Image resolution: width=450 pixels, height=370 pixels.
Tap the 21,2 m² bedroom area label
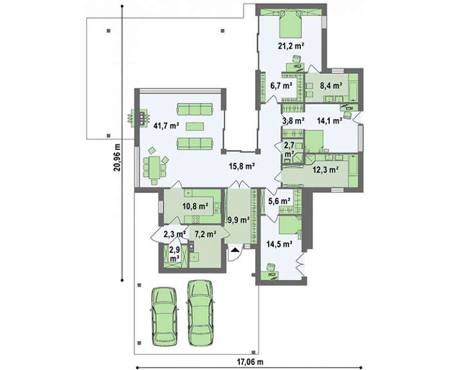click(291, 46)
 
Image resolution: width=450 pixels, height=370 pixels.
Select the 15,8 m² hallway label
click(242, 166)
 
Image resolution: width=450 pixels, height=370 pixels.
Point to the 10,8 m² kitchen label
click(195, 206)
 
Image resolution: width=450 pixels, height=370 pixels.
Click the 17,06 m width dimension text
click(249, 362)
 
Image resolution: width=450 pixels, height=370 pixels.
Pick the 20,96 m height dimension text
click(117, 157)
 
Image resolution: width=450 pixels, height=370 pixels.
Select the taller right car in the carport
click(201, 312)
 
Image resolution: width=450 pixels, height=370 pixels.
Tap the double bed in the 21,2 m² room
click(291, 24)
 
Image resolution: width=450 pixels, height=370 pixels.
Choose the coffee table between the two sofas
click(195, 126)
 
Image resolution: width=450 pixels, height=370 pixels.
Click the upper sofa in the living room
click(195, 109)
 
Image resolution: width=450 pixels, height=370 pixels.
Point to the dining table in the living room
click(154, 167)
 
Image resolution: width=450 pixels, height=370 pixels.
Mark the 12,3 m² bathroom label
click(325, 170)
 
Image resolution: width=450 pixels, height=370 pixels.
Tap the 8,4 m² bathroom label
click(331, 86)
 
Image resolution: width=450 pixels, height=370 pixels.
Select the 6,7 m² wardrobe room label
click(282, 86)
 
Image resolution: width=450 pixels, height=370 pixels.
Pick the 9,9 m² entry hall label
click(239, 220)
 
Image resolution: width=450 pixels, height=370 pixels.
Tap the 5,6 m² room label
click(279, 201)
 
